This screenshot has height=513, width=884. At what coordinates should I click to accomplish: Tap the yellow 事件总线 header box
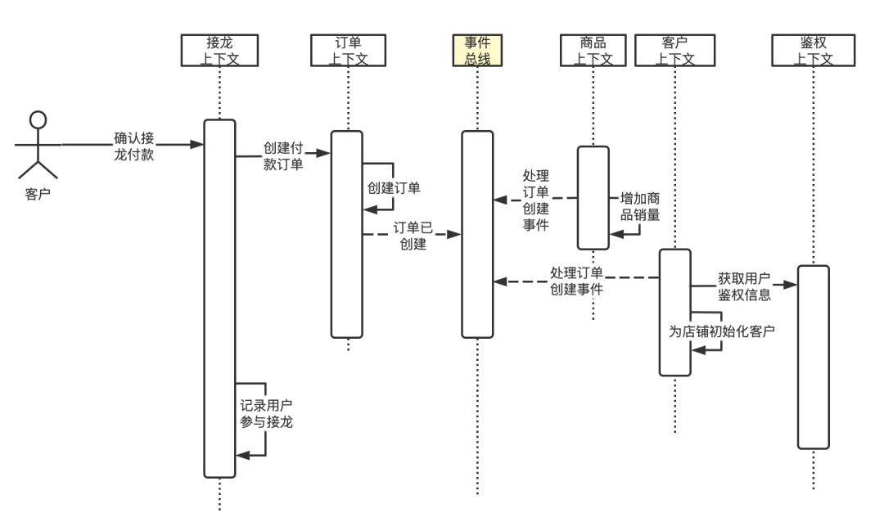tap(477, 50)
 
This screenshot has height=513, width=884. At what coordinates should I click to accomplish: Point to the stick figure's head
tap(38, 119)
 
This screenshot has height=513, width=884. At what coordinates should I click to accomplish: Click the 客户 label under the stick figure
tap(38, 194)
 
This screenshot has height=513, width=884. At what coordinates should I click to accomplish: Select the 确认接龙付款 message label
tap(134, 146)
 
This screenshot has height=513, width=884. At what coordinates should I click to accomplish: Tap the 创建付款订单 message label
tap(283, 155)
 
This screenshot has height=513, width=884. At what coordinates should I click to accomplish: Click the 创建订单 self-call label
tap(394, 187)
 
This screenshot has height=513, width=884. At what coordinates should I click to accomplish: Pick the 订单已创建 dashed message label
tap(413, 236)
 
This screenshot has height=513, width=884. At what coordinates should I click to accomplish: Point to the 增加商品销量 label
tap(640, 206)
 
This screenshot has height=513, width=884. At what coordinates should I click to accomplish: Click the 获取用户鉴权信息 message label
tap(743, 286)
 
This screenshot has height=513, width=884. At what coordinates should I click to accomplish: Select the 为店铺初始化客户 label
tap(722, 331)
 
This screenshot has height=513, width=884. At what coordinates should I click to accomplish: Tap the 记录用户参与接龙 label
tap(266, 413)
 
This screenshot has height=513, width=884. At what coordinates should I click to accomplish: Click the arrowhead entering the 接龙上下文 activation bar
tap(196, 144)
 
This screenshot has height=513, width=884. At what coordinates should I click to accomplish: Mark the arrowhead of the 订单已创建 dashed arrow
tap(454, 234)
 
